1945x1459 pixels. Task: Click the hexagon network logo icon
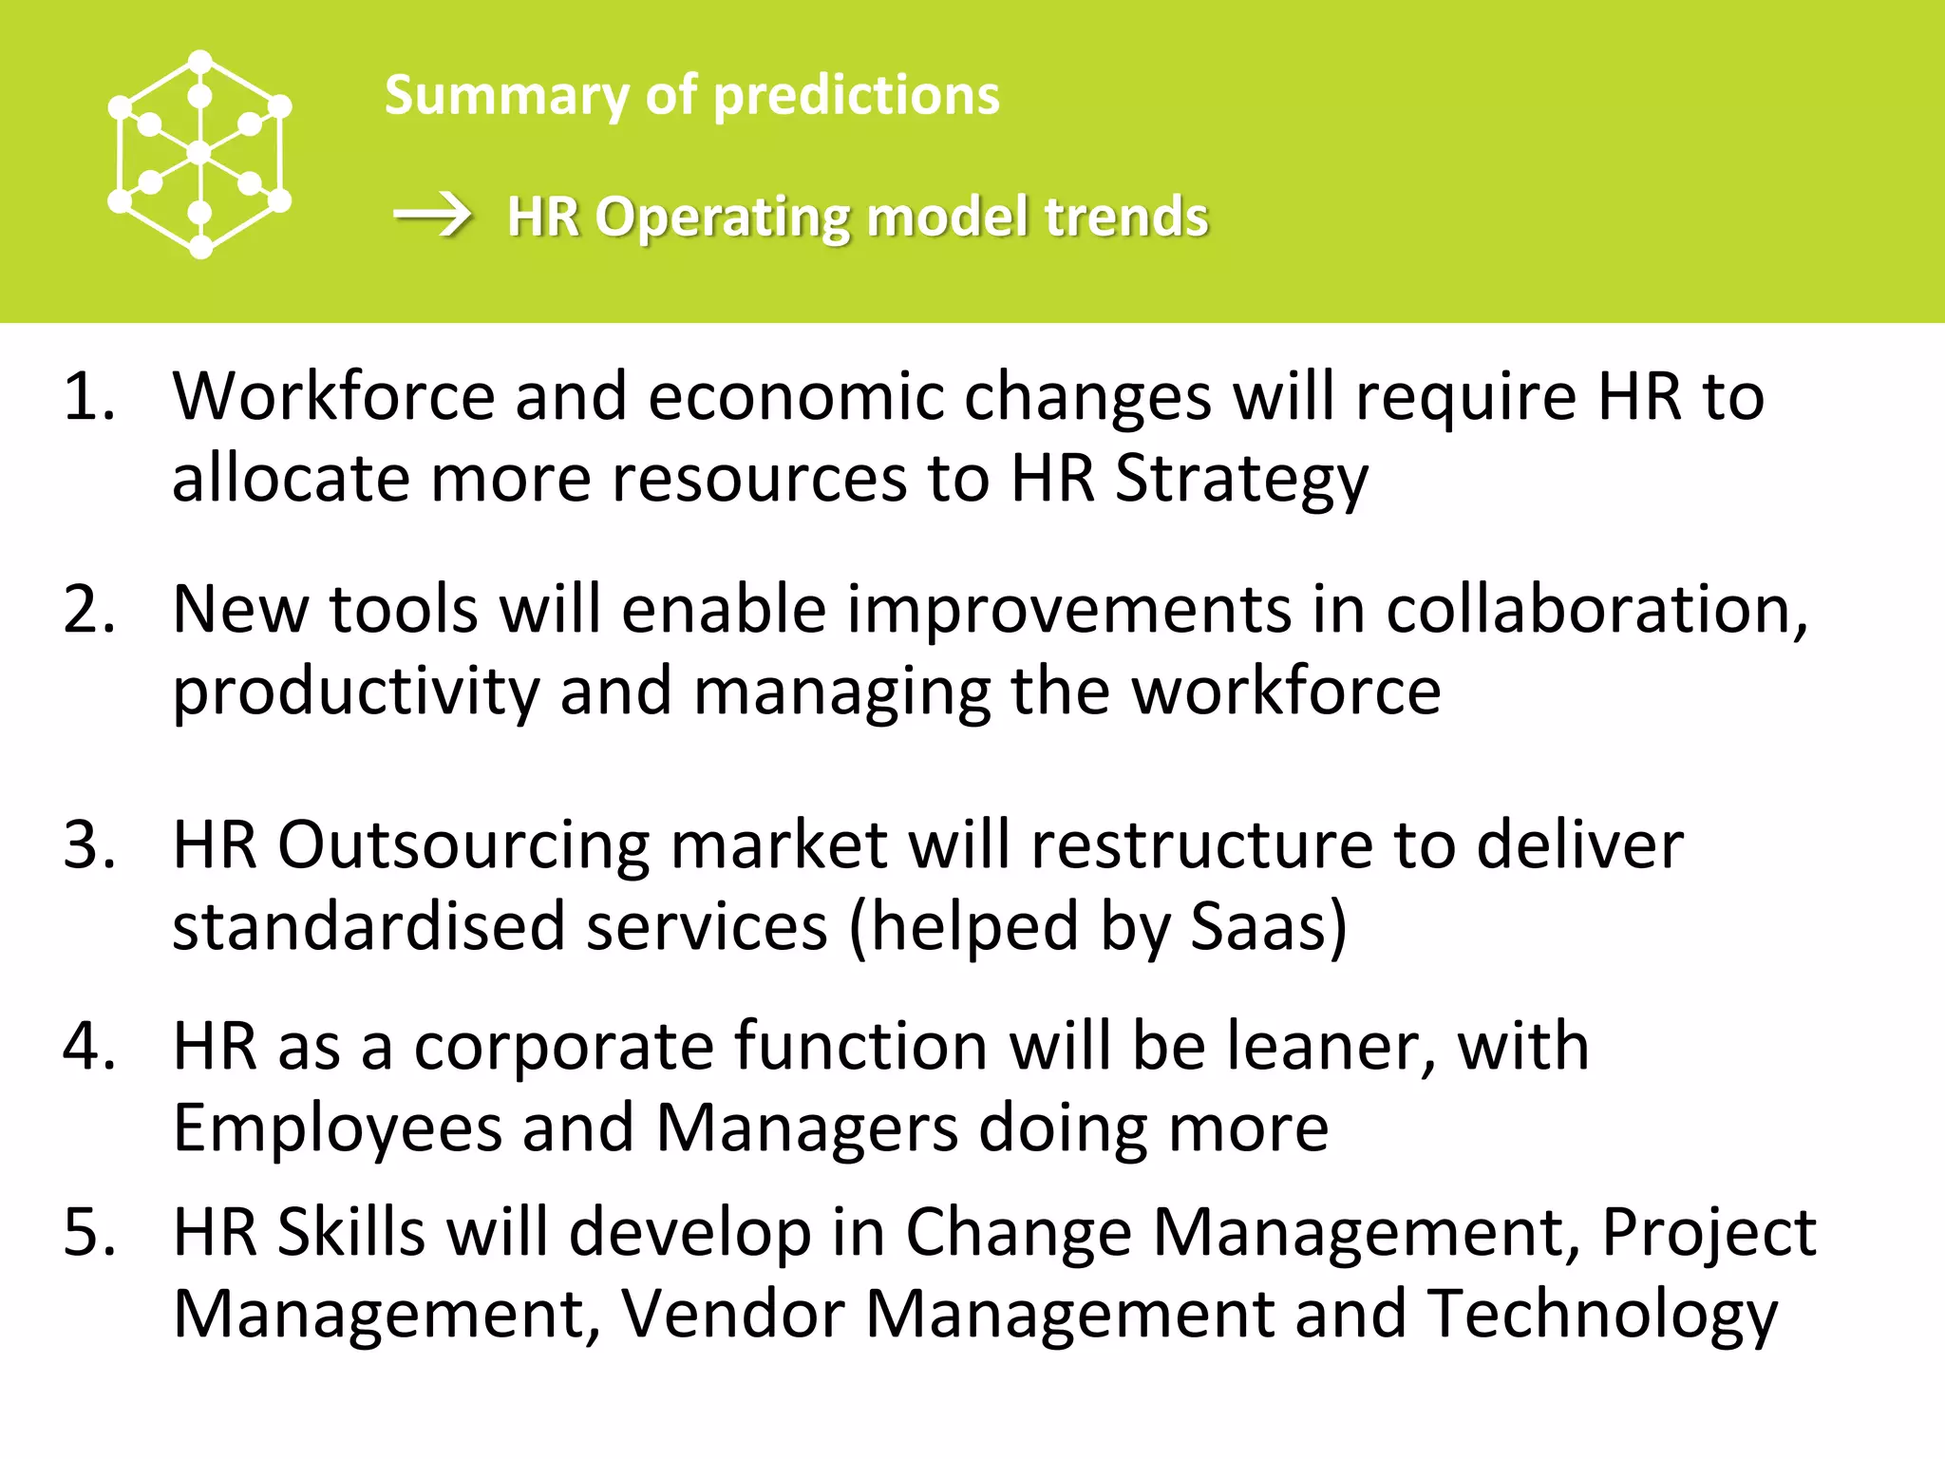199,154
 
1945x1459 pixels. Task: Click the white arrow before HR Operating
433,215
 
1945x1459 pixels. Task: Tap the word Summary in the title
506,96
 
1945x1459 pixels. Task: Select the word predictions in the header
856,96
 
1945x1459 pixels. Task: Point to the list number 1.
88,396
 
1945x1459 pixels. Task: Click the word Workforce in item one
333,396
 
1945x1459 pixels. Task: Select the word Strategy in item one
1240,480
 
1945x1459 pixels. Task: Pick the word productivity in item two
355,692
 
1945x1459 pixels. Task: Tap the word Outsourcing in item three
463,843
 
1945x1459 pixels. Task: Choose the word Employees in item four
337,1128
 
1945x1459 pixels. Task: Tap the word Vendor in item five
732,1314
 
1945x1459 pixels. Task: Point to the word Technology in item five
1602,1316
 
